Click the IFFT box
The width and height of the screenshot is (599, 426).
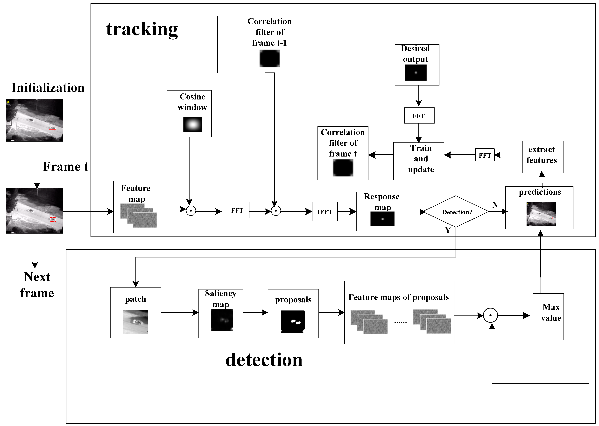point(324,211)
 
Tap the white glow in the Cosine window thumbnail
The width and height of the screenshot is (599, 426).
point(193,124)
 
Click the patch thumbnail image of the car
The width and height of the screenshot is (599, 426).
point(135,322)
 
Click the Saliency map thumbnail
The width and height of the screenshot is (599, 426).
point(222,320)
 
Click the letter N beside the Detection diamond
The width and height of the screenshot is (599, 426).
point(495,205)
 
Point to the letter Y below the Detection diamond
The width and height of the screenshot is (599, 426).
point(448,230)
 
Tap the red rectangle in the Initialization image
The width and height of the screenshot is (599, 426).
point(53,128)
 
